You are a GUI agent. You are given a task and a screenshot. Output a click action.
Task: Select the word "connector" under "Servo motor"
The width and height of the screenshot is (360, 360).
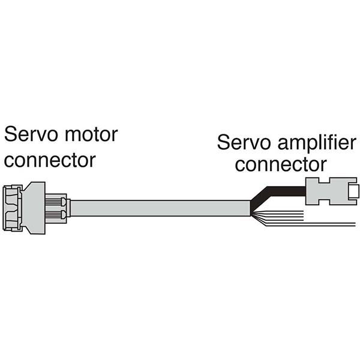[x=50, y=160]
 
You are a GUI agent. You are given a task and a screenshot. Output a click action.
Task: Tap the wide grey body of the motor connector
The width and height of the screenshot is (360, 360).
[x=34, y=207]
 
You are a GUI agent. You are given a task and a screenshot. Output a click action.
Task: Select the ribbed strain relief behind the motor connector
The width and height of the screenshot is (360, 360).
[x=56, y=208]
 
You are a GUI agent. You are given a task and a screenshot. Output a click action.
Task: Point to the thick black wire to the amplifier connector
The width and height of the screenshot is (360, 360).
[x=282, y=191]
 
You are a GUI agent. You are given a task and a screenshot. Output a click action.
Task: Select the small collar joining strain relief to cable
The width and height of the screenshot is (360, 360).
[x=68, y=208]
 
